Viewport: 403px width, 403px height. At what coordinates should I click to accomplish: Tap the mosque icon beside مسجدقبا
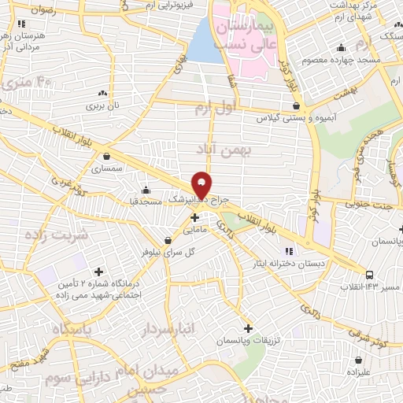145,190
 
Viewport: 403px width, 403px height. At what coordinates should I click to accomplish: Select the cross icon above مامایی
194,217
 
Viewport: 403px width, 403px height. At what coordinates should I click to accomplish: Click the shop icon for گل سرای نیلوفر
167,240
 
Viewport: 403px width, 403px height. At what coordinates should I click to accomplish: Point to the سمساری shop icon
105,156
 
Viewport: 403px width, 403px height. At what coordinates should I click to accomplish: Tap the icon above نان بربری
101,92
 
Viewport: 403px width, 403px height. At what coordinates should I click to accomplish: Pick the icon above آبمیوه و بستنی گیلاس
296,105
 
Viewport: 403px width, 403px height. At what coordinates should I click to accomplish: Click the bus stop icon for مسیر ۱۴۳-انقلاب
370,275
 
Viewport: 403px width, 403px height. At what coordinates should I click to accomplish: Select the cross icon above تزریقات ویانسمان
249,327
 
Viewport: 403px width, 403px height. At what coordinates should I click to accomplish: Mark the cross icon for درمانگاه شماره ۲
98,272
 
